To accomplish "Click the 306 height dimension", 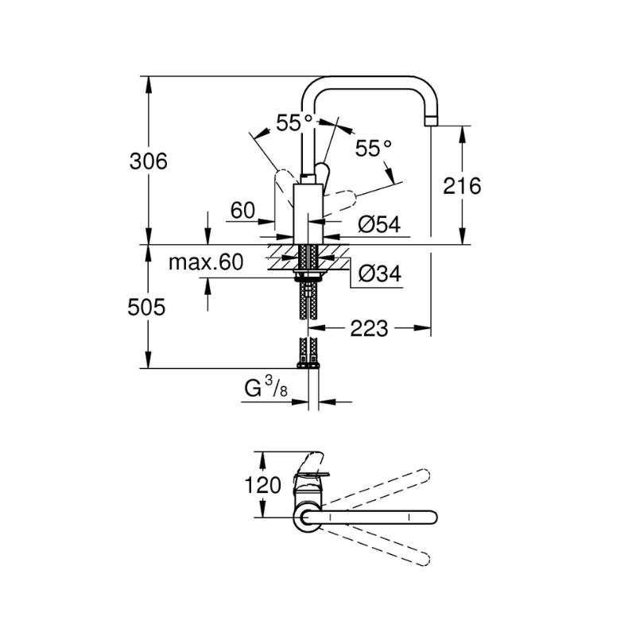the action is (x=148, y=161).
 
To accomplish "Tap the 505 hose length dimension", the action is (x=146, y=307).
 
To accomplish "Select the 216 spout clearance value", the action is (x=462, y=186).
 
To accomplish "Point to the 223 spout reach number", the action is (x=369, y=328).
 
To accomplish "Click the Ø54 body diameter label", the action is (x=379, y=224).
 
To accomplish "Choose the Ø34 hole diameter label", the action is (x=380, y=273).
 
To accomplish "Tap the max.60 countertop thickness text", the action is (x=206, y=262).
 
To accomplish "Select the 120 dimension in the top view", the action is (x=262, y=485).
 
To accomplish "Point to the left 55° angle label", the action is (x=294, y=122).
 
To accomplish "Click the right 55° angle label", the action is (x=374, y=149).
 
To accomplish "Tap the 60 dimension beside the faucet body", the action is (x=242, y=210).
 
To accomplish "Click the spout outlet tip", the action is (x=431, y=121).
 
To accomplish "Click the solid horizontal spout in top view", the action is (x=368, y=518).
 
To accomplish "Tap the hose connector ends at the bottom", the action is (x=308, y=366).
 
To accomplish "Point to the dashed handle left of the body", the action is (x=285, y=187).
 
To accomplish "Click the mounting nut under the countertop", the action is (x=308, y=274).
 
